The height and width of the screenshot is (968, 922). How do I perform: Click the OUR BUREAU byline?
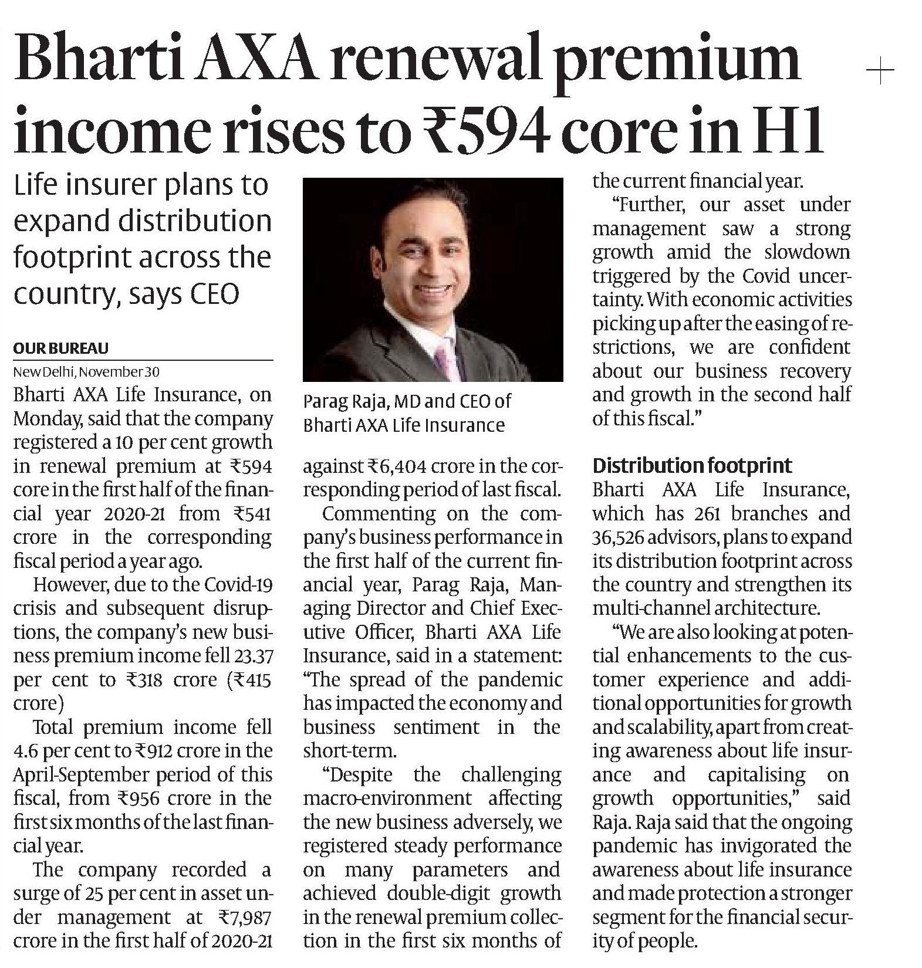(x=60, y=348)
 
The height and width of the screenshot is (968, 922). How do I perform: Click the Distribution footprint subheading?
(x=692, y=466)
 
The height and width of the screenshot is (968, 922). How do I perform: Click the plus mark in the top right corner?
(x=880, y=72)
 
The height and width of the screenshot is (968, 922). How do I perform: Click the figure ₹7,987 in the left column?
(x=244, y=917)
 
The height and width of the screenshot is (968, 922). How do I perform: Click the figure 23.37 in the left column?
(x=253, y=655)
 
